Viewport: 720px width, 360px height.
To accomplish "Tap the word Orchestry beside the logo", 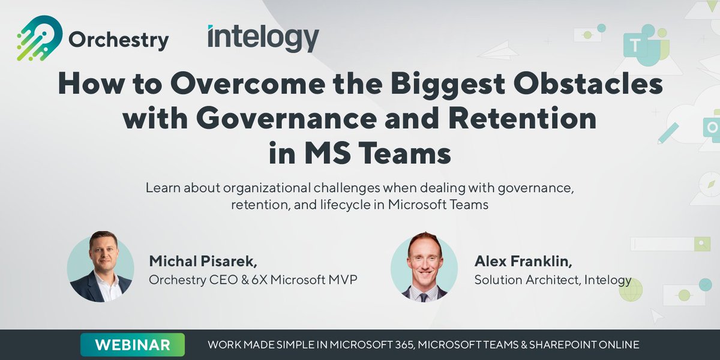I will tap(118, 40).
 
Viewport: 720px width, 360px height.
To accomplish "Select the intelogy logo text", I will tap(263, 38).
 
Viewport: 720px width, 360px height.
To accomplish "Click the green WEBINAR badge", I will tap(133, 344).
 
